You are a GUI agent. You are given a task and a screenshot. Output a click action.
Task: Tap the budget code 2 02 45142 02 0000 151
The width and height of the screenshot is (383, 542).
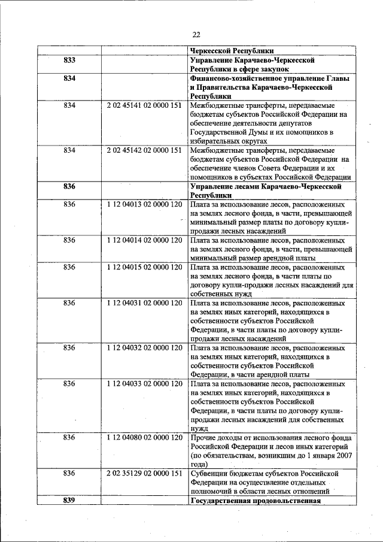pyautogui.click(x=144, y=150)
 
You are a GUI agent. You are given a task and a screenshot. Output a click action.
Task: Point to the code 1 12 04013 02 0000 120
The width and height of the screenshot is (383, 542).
pyautogui.click(x=144, y=204)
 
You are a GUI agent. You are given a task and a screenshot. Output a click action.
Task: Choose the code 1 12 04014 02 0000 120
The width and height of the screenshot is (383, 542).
pyautogui.click(x=144, y=240)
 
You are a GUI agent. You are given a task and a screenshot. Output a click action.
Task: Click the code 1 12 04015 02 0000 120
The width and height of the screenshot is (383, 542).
pyautogui.click(x=144, y=267)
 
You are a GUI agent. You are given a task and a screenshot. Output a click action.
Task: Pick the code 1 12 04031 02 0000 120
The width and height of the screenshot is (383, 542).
pyautogui.click(x=144, y=303)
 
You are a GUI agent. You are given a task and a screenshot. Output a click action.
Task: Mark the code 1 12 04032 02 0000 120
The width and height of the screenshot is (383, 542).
pyautogui.click(x=144, y=347)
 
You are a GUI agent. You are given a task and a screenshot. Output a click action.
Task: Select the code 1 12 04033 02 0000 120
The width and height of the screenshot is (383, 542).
pyautogui.click(x=144, y=383)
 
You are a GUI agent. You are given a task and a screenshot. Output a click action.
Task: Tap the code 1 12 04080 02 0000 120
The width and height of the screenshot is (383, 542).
pyautogui.click(x=144, y=437)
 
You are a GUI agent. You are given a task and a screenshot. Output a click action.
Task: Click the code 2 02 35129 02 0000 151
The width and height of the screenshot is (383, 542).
pyautogui.click(x=144, y=473)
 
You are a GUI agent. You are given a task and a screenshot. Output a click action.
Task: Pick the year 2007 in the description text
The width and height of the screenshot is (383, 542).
pyautogui.click(x=342, y=455)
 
